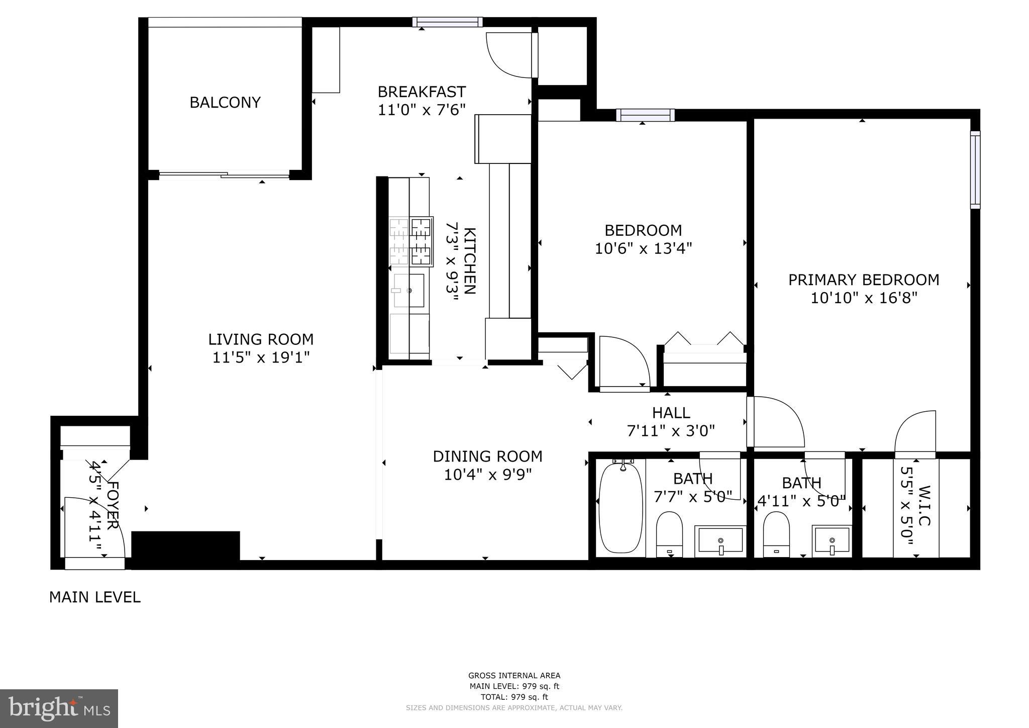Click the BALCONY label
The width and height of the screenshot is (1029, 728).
pos(225,103)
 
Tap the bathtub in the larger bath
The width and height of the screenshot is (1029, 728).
pos(621,508)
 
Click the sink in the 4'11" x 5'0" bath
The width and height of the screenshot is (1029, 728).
pos(832,540)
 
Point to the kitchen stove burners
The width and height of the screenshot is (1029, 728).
pos(411,241)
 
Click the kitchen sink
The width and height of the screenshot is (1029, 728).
pos(409,291)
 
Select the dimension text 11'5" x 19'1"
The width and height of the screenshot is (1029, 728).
pos(260,358)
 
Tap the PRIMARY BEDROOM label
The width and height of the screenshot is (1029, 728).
pos(863,280)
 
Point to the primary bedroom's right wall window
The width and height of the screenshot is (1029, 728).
pos(975,170)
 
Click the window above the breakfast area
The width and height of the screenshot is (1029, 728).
pos(447,22)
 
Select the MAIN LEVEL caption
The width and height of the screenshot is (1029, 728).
pos(94,597)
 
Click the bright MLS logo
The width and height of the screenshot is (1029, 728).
pos(59,708)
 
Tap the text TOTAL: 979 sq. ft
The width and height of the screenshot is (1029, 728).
pos(514,697)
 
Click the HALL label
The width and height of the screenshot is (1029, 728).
pos(671,413)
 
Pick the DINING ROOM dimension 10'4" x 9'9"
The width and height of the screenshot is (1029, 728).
pos(487,475)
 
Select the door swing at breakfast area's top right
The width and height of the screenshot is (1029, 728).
pos(508,55)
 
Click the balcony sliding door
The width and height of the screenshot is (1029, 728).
pos(224,175)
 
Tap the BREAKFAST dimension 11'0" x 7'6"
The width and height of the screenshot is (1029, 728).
pos(422,110)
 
